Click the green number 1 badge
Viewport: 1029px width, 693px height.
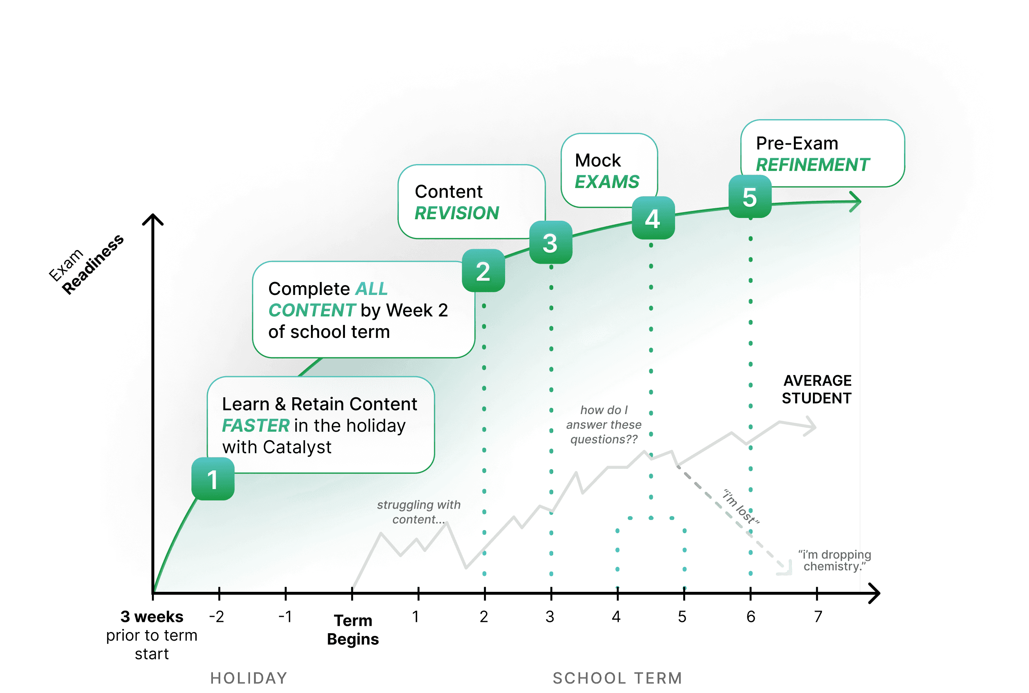pos(213,479)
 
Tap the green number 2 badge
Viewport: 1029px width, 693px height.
pos(483,270)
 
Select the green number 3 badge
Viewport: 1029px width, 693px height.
pos(550,243)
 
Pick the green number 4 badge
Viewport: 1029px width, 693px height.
pos(653,218)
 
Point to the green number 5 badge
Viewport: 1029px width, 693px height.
pos(750,196)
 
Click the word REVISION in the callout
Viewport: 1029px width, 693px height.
pos(457,213)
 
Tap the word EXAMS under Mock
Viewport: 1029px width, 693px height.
pos(607,182)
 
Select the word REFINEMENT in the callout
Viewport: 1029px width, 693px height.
pos(813,165)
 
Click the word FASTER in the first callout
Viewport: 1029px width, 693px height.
pos(255,426)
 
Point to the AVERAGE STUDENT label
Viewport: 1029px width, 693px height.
pos(816,389)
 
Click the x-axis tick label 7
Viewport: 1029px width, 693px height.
pos(818,616)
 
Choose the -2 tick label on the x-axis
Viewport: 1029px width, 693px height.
pos(216,616)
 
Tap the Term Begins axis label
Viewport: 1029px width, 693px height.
pos(353,630)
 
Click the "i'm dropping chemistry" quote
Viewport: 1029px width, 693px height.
pos(834,561)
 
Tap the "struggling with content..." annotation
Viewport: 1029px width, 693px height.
pos(418,512)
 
